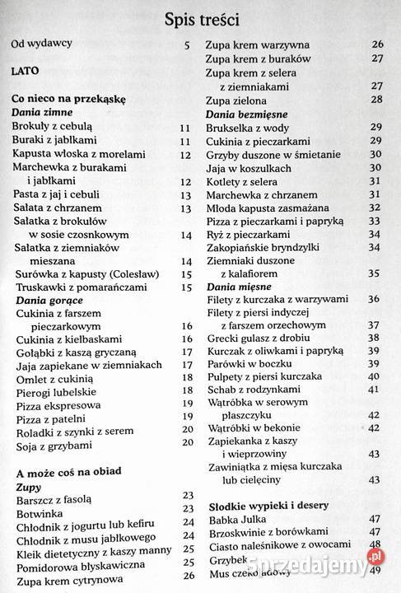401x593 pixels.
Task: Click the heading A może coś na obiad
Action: coord(68,471)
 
